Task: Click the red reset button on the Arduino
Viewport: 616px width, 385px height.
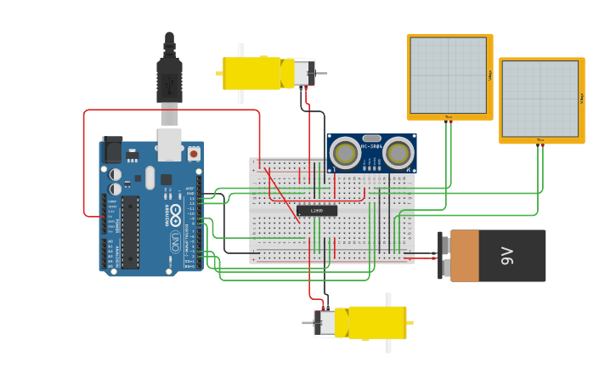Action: [x=194, y=154]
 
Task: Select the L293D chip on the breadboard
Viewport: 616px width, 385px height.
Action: [x=316, y=211]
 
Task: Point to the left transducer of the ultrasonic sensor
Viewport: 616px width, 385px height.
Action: [x=345, y=153]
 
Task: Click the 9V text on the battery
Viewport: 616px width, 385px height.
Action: [x=507, y=255]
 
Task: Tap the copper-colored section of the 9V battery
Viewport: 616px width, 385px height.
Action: [x=465, y=256]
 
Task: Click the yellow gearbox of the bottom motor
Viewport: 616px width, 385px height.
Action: [x=372, y=322]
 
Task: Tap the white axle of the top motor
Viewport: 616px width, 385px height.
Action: [x=240, y=73]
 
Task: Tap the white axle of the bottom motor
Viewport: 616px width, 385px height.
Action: [x=388, y=323]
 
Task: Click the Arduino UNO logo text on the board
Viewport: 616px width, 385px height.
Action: [x=175, y=212]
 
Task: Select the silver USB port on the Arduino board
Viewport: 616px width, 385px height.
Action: [x=169, y=144]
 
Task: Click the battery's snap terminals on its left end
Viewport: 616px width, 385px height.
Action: [x=444, y=255]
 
